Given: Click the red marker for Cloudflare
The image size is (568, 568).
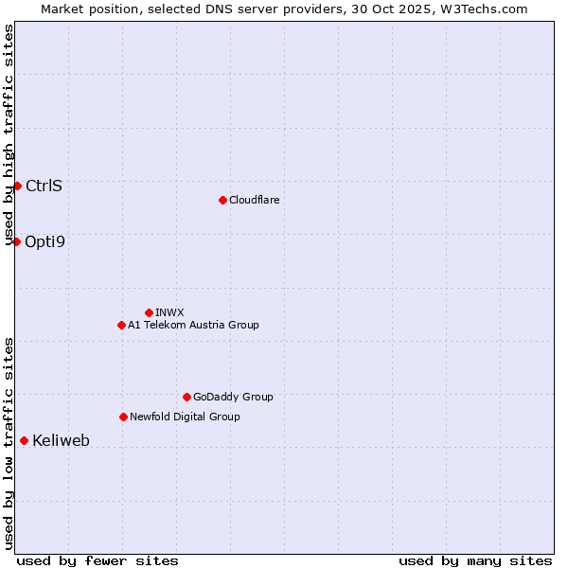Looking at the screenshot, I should click(x=222, y=200).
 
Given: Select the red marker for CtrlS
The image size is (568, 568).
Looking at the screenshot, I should click(x=17, y=186).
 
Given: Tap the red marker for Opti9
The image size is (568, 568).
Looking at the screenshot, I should click(x=16, y=241).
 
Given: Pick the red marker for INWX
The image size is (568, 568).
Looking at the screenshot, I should click(x=149, y=312).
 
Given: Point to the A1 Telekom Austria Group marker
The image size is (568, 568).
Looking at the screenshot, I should click(x=121, y=325).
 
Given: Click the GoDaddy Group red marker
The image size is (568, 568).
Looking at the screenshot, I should click(x=186, y=397).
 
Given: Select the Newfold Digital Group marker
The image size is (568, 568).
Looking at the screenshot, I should click(x=123, y=417).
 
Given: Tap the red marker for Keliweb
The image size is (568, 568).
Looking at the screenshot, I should click(x=24, y=440).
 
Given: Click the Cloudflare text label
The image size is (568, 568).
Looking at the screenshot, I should click(x=254, y=200).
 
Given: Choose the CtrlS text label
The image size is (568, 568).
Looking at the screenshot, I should click(x=44, y=186).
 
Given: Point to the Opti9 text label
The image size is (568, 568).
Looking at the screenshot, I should click(x=44, y=241).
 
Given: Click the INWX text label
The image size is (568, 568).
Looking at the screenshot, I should click(x=169, y=312).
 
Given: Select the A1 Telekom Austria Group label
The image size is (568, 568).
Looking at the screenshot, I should click(x=193, y=325).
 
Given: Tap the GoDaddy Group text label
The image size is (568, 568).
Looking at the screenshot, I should click(x=233, y=397).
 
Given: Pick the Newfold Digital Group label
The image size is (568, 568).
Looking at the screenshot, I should click(x=185, y=417).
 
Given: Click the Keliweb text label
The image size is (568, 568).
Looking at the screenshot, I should click(x=61, y=440).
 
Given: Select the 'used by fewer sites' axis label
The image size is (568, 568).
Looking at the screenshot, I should click(x=98, y=560).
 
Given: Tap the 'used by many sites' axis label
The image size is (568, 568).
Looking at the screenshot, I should click(x=475, y=560).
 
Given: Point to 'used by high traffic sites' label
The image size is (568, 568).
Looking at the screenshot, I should click(x=9, y=134).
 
